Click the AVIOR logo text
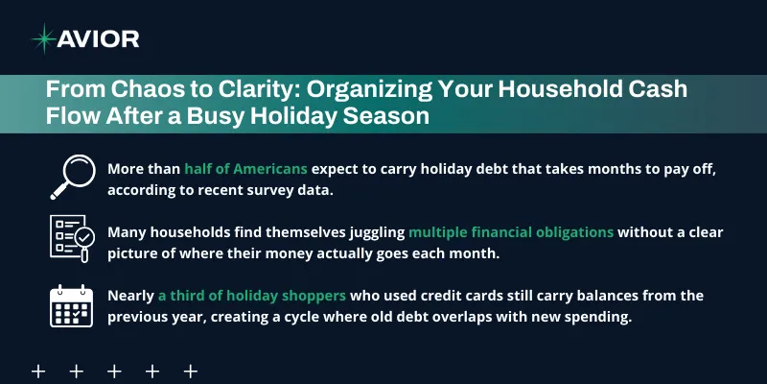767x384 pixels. (99, 38)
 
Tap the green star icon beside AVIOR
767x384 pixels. (43, 38)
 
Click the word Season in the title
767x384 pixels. (375, 115)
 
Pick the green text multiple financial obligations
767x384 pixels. (511, 231)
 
